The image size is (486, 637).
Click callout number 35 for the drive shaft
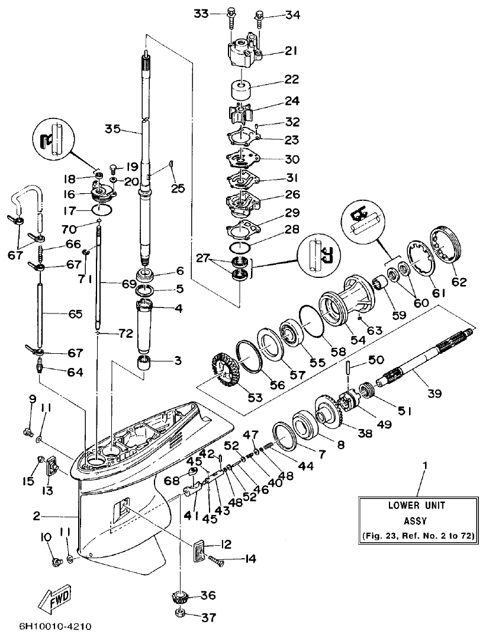113,128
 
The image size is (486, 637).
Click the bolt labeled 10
57,560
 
